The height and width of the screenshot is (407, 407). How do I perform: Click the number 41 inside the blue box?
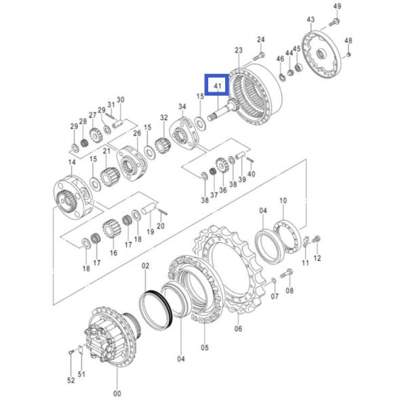[x=218, y=86]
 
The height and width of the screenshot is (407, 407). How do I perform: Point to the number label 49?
[x=337, y=7]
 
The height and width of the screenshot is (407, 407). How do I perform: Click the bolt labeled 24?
[x=260, y=55]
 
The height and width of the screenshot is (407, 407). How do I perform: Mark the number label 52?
[x=71, y=381]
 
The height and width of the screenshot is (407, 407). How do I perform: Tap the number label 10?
[x=283, y=201]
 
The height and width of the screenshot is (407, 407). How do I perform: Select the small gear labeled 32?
[x=163, y=142]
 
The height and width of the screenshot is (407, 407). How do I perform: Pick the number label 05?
[x=205, y=349]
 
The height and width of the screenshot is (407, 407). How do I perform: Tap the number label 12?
[x=317, y=258]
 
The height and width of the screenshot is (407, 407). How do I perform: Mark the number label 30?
[x=120, y=100]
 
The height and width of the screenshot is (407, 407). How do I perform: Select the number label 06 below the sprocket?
[x=237, y=329]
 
